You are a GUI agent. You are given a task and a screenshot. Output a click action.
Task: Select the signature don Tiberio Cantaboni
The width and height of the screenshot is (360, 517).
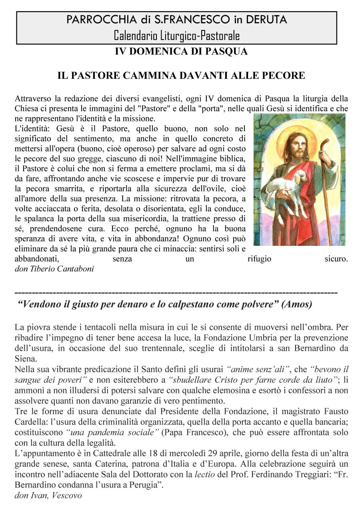pyautogui.click(x=54, y=269)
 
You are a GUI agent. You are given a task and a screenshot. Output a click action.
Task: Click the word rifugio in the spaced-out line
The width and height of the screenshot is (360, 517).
pyautogui.click(x=259, y=259)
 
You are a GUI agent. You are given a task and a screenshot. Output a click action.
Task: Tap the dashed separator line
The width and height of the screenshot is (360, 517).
pyautogui.click(x=176, y=293)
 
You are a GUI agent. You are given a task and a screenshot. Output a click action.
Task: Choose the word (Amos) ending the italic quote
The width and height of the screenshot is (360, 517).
pyautogui.click(x=297, y=304)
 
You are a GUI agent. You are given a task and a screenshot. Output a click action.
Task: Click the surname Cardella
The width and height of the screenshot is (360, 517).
pyautogui.click(x=30, y=422)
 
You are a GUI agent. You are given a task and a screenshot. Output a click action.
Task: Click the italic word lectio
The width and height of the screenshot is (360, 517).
pyautogui.click(x=205, y=475)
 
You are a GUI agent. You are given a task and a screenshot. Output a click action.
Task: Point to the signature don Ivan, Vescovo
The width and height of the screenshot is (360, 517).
pyautogui.click(x=48, y=495)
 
